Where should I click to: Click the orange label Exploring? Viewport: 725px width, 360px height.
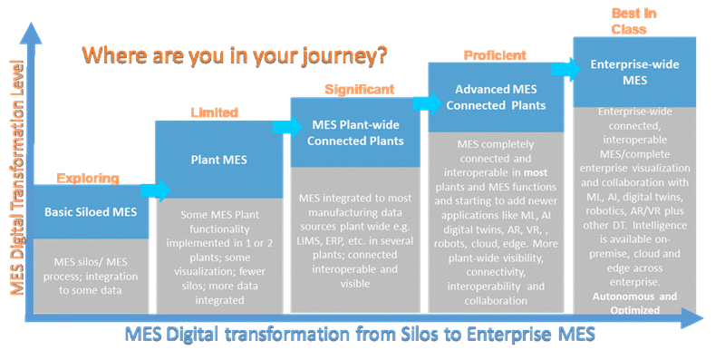click(84, 179)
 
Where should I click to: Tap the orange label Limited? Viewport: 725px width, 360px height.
click(214, 112)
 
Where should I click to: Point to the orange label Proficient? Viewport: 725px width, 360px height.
click(495, 55)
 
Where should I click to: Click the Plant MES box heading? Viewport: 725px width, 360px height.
click(214, 160)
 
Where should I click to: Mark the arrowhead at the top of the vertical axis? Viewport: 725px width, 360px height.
click(31, 32)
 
